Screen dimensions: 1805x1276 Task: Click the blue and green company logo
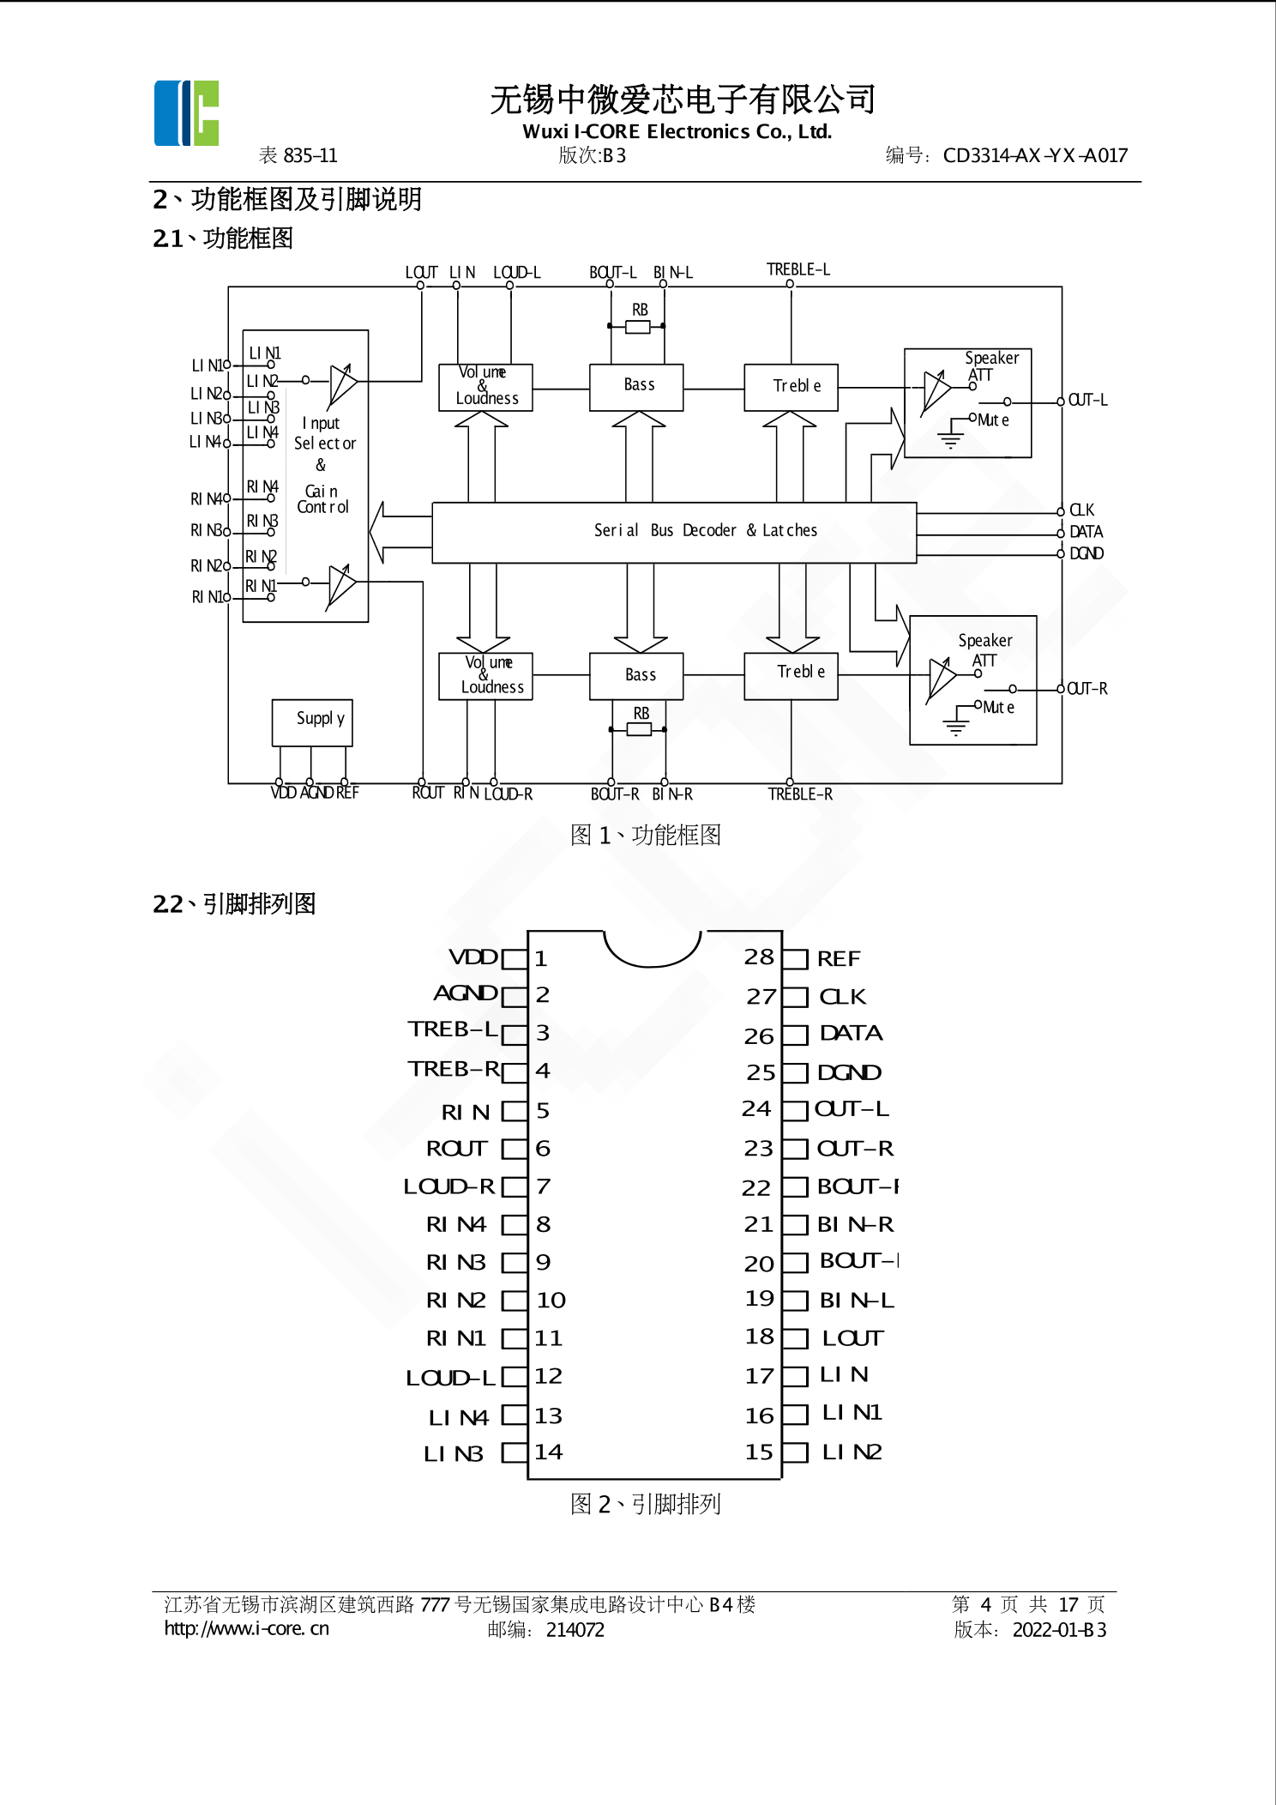(186, 113)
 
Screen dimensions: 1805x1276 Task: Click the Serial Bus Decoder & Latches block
(674, 532)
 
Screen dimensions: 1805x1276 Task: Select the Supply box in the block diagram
(312, 722)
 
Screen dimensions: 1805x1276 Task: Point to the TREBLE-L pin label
(797, 269)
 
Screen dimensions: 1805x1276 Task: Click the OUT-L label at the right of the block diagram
(1087, 401)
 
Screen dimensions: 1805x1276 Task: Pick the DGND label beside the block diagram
(1086, 553)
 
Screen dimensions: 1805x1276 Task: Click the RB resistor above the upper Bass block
(638, 327)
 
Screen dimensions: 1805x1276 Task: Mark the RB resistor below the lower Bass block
(639, 729)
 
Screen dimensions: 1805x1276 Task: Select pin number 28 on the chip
(759, 957)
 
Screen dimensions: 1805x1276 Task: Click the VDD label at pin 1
(473, 957)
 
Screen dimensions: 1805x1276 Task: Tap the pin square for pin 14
(514, 1452)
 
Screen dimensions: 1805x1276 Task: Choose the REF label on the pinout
(839, 959)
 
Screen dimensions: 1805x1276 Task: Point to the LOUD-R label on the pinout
(449, 1186)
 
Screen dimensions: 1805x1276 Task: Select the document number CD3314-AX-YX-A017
(1035, 155)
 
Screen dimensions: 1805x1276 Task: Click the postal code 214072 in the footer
(575, 1630)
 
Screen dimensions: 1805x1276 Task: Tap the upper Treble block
(791, 387)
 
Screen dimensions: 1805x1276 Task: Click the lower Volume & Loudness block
(486, 676)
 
